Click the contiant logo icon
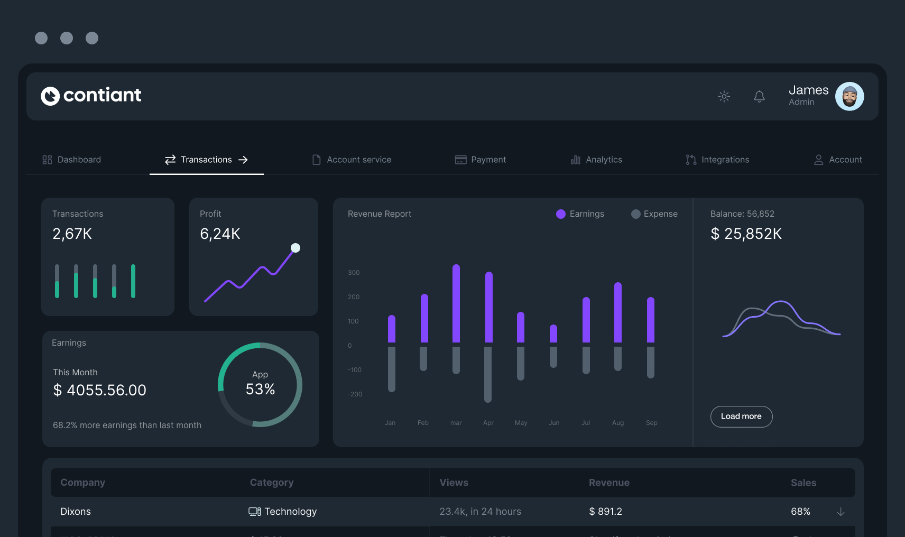click(x=50, y=96)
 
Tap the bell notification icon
click(x=759, y=96)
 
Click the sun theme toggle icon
click(x=724, y=96)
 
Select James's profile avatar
click(x=849, y=96)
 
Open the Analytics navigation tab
click(x=596, y=160)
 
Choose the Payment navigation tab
click(x=481, y=160)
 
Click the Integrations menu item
click(x=717, y=160)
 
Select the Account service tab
click(x=352, y=160)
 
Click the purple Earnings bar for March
click(x=456, y=303)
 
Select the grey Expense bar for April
click(x=488, y=374)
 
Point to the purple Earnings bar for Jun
click(x=553, y=334)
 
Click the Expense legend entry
click(x=654, y=214)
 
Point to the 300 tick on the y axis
click(x=354, y=273)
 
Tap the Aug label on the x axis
click(x=618, y=423)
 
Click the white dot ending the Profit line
click(x=295, y=248)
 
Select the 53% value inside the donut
click(x=260, y=390)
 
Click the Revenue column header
click(x=609, y=483)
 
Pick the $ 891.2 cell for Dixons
click(x=605, y=512)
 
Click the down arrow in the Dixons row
click(x=841, y=512)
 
